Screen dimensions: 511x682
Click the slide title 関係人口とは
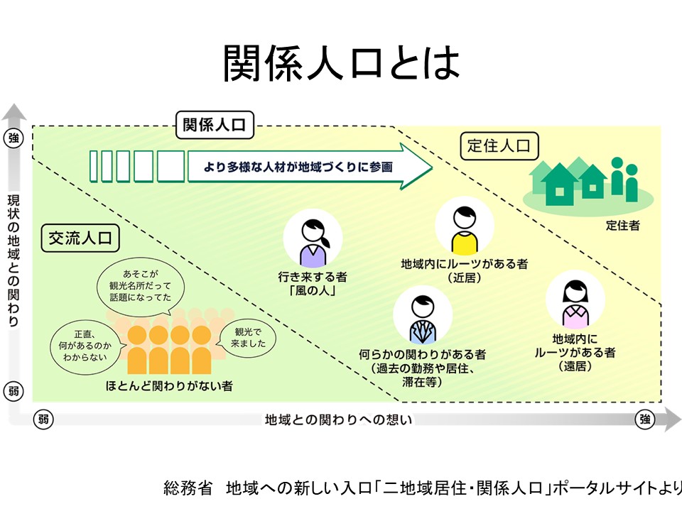[341, 64]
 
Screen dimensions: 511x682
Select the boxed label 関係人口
[215, 126]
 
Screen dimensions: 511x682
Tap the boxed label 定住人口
[499, 146]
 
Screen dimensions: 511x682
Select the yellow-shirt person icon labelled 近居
[464, 227]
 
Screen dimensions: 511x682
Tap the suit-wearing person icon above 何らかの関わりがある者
[422, 315]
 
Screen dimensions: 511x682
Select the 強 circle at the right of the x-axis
[644, 419]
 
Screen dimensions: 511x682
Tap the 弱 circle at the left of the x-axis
[43, 419]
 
